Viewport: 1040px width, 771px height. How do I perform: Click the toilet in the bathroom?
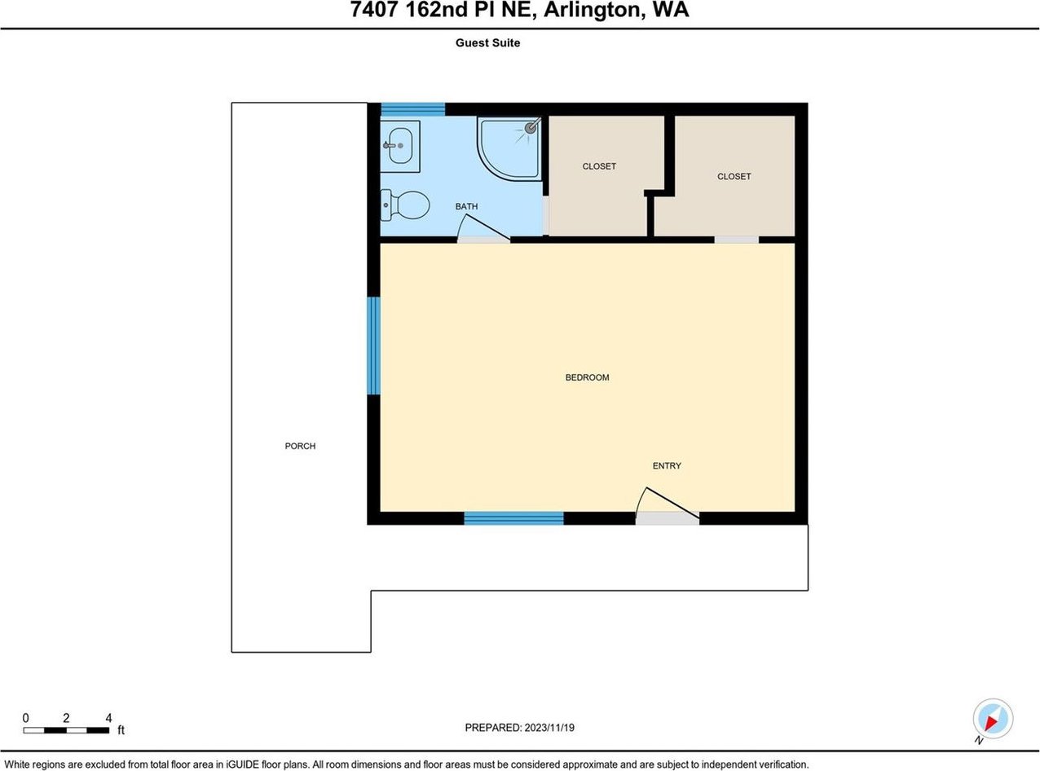tap(404, 205)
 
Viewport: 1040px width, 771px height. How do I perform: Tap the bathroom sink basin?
tap(400, 146)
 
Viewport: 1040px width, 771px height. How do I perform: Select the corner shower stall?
tap(509, 148)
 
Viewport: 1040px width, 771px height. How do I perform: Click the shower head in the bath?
tap(531, 127)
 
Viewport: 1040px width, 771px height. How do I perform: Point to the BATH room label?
tap(466, 206)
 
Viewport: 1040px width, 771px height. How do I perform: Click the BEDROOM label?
tap(587, 377)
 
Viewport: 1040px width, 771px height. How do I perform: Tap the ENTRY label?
tap(667, 465)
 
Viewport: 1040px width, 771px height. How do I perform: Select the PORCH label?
tap(300, 446)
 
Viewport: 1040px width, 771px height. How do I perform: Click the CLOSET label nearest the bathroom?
tap(599, 166)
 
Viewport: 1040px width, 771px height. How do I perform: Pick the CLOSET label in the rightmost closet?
tap(734, 177)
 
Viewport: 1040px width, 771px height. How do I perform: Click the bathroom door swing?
tap(483, 228)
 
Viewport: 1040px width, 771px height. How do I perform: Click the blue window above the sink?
tap(412, 109)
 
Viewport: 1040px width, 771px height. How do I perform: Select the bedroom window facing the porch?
tap(373, 346)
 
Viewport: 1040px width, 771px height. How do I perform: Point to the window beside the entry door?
tap(514, 518)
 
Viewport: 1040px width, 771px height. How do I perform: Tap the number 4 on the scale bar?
tap(108, 718)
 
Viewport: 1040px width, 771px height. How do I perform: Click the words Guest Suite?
tap(487, 43)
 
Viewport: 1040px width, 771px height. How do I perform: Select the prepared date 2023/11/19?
tap(549, 728)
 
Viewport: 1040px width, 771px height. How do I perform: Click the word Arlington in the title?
tap(593, 11)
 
